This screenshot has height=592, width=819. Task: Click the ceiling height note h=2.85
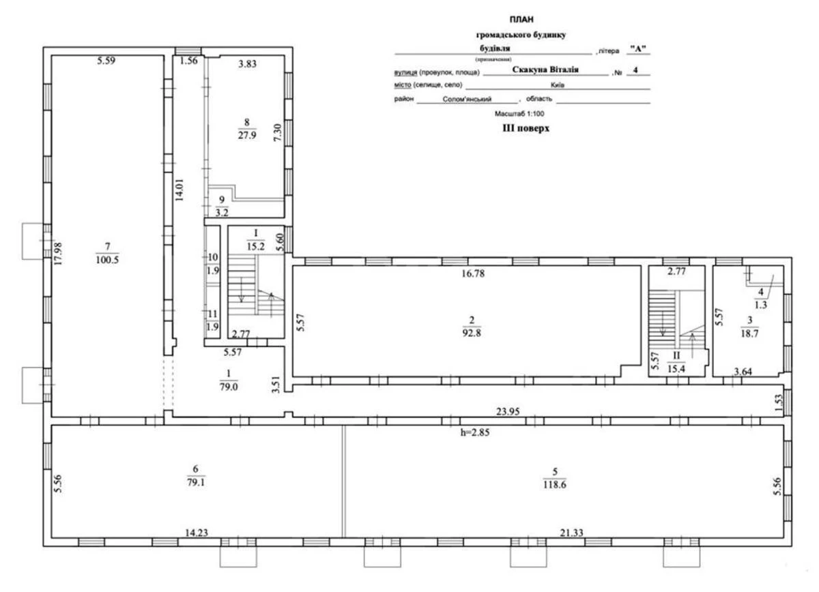tap(476, 431)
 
